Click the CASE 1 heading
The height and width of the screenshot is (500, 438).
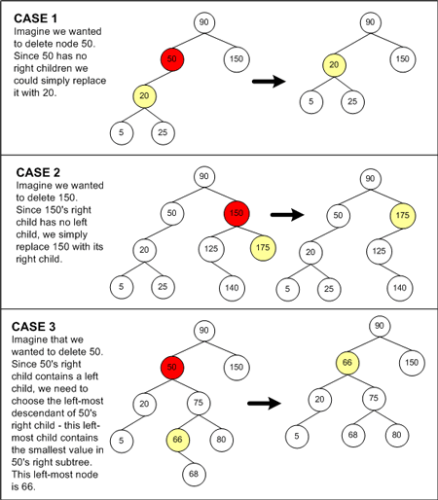click(35, 18)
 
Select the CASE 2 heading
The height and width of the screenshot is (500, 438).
click(38, 172)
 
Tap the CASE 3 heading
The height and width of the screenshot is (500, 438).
click(33, 327)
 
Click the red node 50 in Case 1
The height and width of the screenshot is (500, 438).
click(172, 59)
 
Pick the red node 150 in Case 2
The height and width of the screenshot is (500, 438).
click(237, 213)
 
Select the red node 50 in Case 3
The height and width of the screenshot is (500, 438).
click(172, 367)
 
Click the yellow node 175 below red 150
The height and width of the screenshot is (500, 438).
click(263, 248)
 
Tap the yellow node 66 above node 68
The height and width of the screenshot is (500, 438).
click(178, 440)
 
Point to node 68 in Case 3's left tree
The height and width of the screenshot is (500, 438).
click(194, 474)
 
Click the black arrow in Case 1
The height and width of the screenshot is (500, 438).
click(269, 81)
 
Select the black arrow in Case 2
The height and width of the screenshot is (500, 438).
click(287, 214)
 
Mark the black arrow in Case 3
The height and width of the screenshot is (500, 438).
click(264, 404)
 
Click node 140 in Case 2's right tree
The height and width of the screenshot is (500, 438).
click(400, 288)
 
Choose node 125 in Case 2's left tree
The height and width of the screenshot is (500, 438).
click(211, 249)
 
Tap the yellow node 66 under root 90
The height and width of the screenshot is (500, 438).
click(347, 363)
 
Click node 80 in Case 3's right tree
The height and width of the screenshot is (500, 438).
click(397, 435)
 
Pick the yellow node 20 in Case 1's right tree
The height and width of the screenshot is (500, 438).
click(334, 65)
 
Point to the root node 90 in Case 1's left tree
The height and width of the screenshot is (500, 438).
click(204, 22)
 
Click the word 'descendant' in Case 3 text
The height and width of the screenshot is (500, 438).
click(44, 413)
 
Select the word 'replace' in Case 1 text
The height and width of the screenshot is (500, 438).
click(89, 81)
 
